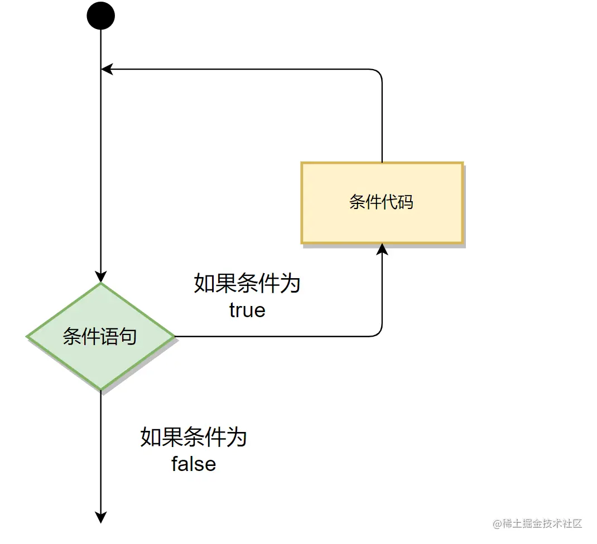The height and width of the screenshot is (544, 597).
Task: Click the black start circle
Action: click(101, 16)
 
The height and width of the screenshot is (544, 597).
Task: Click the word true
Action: click(247, 310)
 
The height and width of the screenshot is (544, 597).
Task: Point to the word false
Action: click(194, 464)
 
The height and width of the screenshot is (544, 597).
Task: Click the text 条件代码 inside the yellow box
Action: click(382, 202)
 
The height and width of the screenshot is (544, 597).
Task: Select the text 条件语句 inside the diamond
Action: click(100, 337)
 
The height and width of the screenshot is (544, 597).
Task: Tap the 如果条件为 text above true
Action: click(247, 284)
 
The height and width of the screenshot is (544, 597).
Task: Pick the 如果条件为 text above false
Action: click(194, 437)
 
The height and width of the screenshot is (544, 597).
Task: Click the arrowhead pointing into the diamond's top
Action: click(101, 277)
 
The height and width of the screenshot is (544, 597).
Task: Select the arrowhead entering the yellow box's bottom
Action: click(382, 249)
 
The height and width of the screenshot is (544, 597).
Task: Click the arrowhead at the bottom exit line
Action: click(101, 517)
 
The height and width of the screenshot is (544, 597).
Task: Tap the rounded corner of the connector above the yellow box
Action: click(379, 72)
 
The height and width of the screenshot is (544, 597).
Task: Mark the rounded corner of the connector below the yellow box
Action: click(379, 334)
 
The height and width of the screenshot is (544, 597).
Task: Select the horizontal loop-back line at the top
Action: click(240, 69)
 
